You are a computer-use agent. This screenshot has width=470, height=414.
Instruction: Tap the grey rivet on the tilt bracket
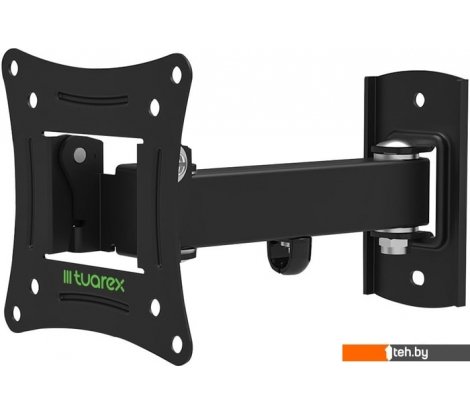(80, 155)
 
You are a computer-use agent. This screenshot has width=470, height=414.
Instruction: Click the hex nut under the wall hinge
(393, 245)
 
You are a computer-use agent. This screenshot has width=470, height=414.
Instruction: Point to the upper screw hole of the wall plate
(420, 99)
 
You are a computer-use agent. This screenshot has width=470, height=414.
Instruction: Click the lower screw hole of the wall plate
(418, 278)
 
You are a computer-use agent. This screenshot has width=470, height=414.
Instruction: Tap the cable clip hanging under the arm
(289, 255)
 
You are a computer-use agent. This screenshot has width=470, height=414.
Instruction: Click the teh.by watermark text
(410, 353)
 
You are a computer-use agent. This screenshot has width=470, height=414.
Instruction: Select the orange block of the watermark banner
(366, 353)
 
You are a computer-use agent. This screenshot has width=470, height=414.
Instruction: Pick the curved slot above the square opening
(93, 98)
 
